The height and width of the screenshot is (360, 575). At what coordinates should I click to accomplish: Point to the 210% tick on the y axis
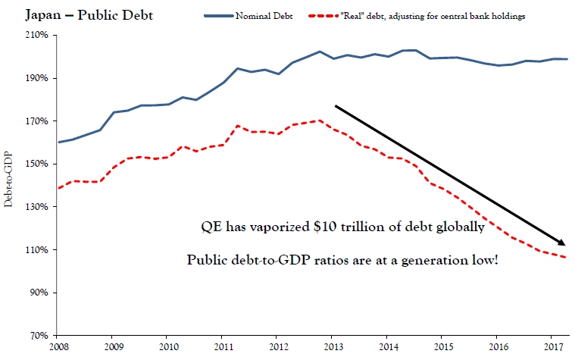[x=39, y=36]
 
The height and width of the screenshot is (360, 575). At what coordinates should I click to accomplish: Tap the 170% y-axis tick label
[x=39, y=121]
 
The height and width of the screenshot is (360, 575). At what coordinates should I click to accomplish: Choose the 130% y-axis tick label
[x=39, y=207]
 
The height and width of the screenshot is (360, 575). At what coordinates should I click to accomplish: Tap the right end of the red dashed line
[x=567, y=258]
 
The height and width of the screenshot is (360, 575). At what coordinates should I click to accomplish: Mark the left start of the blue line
[x=58, y=142]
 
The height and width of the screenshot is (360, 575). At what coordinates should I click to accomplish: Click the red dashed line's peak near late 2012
[x=320, y=120]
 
